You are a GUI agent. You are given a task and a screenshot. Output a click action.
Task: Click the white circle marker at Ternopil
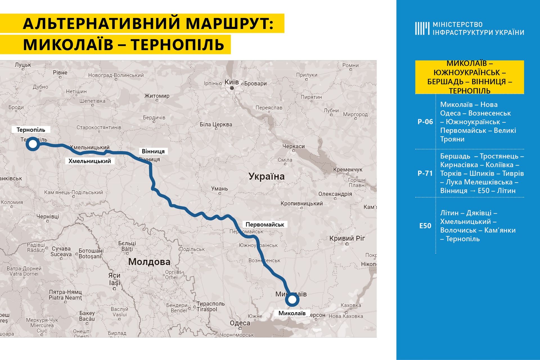tap(33, 144)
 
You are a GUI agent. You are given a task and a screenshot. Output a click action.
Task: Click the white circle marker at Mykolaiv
tap(292, 300)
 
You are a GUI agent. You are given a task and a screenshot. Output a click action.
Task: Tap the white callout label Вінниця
tap(153, 151)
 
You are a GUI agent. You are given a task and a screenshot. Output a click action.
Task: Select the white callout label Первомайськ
tap(265, 225)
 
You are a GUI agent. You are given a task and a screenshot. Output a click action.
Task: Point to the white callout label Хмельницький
tap(90, 161)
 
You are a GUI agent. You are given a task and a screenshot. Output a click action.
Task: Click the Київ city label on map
tap(231, 82)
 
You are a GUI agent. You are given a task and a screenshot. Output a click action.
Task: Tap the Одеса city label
tap(240, 323)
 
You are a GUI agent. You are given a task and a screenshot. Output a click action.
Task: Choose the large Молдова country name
tap(149, 262)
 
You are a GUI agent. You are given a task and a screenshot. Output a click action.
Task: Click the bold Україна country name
tap(266, 176)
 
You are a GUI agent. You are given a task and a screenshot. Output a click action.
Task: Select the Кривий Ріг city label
tap(347, 238)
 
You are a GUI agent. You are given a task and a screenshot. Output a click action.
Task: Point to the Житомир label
tap(157, 96)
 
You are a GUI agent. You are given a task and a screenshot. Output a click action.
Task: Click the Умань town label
tap(219, 189)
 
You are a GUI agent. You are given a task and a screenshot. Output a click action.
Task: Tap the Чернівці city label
tap(48, 216)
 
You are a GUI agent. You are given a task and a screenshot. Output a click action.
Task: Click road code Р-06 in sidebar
tap(425, 122)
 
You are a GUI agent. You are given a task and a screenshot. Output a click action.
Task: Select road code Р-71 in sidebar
tap(425, 173)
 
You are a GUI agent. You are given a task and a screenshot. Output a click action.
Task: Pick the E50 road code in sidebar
tap(425, 226)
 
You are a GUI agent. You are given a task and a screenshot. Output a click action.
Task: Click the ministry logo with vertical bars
tap(422, 28)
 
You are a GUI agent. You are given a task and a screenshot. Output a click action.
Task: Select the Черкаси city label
tap(293, 146)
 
